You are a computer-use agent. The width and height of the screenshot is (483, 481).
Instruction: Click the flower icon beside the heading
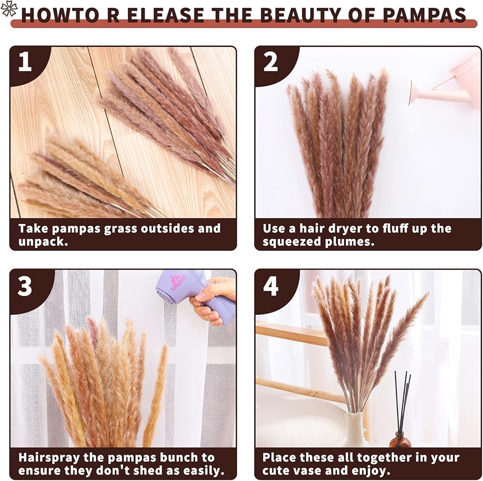(9, 8)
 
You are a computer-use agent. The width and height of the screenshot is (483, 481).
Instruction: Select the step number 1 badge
(25, 62)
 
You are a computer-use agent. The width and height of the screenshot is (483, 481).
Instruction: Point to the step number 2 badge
(271, 62)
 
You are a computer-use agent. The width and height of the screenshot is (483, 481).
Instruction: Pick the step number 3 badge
(25, 286)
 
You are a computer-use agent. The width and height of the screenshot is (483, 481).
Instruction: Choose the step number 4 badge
(271, 286)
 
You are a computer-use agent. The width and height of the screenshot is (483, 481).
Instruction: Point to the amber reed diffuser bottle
(400, 439)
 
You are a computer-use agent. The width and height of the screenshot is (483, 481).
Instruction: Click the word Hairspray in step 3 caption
(49, 458)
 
